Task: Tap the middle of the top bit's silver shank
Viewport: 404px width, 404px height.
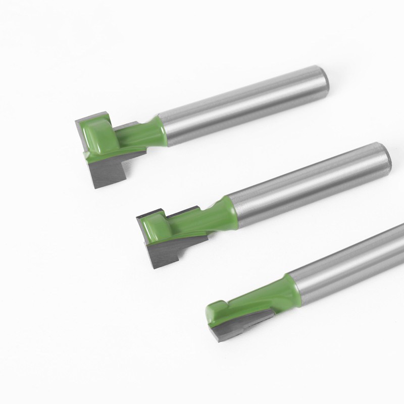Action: coord(242,105)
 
